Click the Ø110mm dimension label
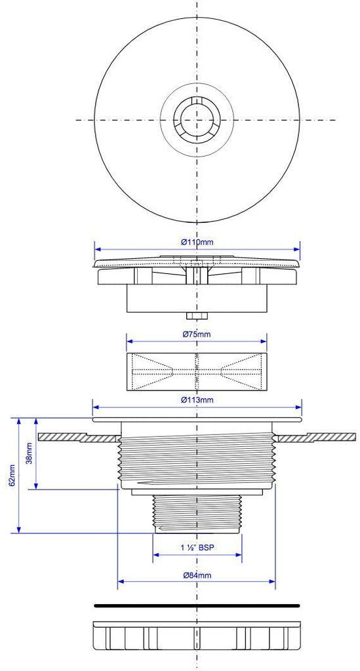tap(197, 242)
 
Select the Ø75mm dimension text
tap(197, 335)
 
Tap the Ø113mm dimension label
tap(197, 400)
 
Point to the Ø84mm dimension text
tap(197, 575)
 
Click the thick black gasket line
tap(197, 605)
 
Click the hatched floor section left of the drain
tap(77, 437)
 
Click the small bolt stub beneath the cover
tap(197, 316)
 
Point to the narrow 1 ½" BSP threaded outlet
tap(197, 514)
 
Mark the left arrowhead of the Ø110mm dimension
tap(97, 248)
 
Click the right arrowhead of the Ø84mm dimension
tap(272, 582)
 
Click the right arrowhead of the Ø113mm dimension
tap(298, 407)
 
